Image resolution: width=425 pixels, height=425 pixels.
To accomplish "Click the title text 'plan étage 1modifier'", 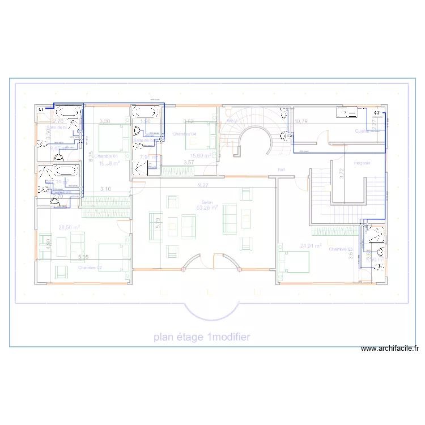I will click(201, 337).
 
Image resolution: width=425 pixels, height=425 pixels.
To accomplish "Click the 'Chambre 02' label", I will click(90, 267).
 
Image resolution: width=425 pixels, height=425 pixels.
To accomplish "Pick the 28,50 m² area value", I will click(69, 227).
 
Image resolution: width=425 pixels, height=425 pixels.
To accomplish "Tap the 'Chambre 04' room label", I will click(184, 134).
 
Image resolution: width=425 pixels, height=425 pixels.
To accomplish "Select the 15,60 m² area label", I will click(201, 155).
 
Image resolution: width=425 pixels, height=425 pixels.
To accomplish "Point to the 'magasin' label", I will click(362, 163).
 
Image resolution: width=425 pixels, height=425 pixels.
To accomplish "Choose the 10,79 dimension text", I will click(301, 121).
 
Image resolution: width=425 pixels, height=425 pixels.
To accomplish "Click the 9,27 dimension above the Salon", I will click(202, 185).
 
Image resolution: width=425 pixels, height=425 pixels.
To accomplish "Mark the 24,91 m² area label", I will click(311, 246).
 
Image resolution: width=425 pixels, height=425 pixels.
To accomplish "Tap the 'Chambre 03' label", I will click(340, 249).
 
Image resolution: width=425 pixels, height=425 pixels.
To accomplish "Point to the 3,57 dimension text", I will click(188, 163).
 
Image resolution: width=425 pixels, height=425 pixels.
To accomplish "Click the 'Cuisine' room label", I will click(363, 131).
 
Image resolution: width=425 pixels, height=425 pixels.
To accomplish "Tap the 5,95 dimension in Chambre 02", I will click(83, 257).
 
